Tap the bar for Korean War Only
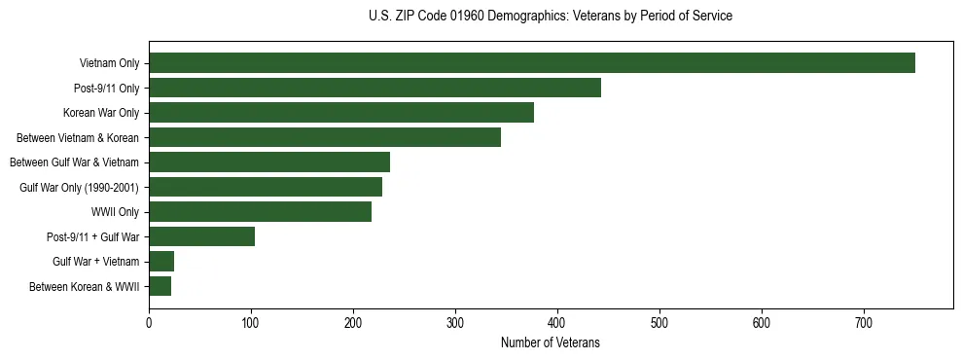coord(341,113)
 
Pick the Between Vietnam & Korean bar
coord(325,137)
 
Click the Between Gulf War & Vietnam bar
coord(269,162)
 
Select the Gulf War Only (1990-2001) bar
coord(266,187)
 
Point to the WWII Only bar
coord(260,212)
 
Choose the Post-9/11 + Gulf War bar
coord(201,236)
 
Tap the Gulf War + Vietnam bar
coord(161,262)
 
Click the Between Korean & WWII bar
coord(160,286)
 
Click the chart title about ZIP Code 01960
coord(551,17)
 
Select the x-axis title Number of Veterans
coord(551,343)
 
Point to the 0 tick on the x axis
coord(149,323)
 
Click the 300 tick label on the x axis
coord(455,323)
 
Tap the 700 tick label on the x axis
coord(864,323)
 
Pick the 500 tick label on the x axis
coord(659,323)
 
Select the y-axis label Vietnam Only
coord(110,63)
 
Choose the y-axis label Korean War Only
coord(103,113)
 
